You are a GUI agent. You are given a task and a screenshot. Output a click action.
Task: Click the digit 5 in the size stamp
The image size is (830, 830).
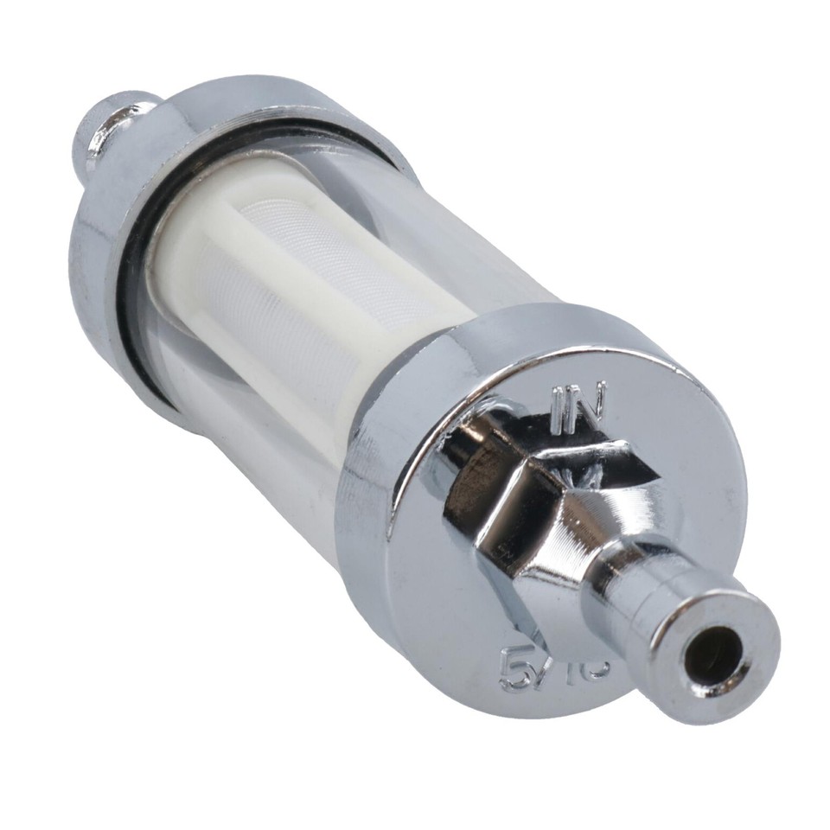click(516, 668)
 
